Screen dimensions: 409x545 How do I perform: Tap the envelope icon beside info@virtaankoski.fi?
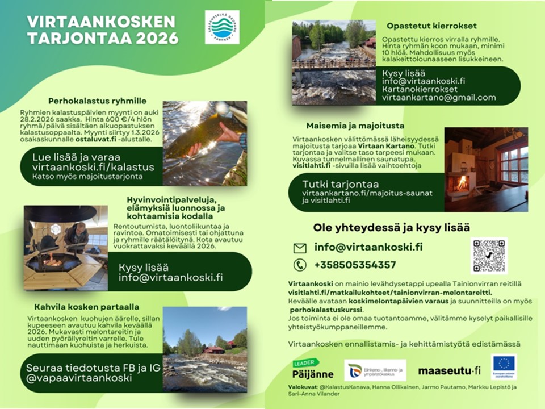tap(299, 248)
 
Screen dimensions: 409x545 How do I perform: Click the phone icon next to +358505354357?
tap(299, 265)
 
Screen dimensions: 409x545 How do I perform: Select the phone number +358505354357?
tap(355, 265)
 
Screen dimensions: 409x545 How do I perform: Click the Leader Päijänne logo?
tap(313, 370)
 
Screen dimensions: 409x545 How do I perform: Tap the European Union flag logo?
tap(504, 366)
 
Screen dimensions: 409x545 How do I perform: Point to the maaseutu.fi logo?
tap(449, 371)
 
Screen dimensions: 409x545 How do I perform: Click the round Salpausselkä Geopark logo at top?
tap(222, 27)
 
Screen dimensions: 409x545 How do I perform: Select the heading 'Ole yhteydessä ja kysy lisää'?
tap(392, 228)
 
